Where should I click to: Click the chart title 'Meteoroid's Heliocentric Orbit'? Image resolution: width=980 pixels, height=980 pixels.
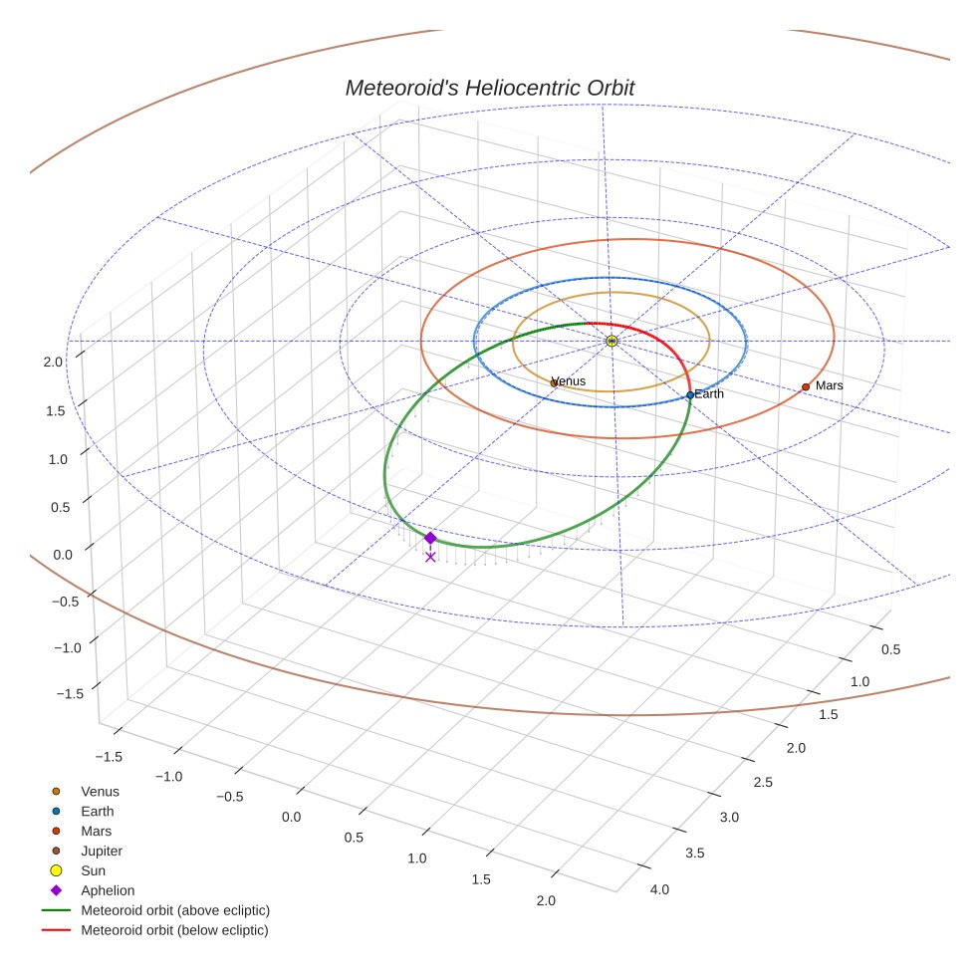tap(489, 88)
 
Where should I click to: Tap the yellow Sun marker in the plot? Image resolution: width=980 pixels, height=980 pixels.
tap(612, 341)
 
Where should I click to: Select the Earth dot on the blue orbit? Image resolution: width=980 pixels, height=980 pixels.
tap(689, 395)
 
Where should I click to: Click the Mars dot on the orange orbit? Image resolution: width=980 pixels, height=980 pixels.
tap(806, 386)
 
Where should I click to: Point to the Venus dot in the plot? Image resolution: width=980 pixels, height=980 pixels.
tap(554, 382)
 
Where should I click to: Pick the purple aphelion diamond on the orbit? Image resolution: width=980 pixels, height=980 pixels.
tap(430, 538)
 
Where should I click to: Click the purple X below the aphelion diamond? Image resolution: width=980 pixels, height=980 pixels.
tap(430, 557)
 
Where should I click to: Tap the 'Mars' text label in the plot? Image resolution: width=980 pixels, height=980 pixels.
tap(830, 385)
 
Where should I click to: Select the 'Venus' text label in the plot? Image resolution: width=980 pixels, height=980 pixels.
tap(570, 380)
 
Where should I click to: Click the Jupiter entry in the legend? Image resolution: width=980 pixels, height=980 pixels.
tap(102, 851)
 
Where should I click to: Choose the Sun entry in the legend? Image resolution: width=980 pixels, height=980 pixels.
tap(93, 870)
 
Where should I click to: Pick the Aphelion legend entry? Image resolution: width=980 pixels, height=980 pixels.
tap(108, 890)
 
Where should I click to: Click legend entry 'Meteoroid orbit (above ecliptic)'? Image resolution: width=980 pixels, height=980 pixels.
tap(175, 910)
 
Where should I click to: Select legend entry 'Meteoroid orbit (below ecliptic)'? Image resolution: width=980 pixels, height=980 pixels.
tap(175, 930)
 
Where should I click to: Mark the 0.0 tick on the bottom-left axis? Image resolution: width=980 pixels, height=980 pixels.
tap(292, 817)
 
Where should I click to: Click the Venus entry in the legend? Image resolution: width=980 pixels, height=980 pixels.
tap(100, 792)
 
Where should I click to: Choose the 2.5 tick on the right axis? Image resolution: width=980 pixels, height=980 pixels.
tap(762, 783)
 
